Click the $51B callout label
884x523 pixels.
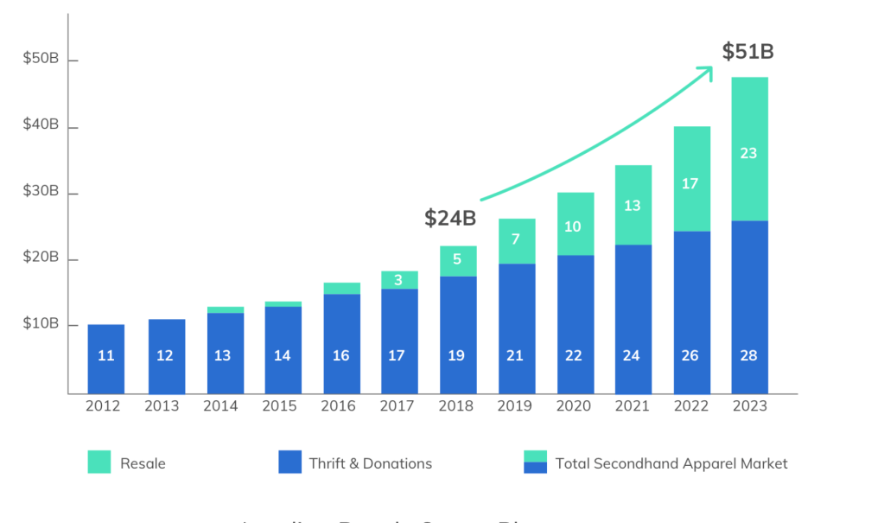coord(748,52)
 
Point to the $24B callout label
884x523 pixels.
coord(450,218)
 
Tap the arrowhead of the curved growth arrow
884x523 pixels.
coord(708,70)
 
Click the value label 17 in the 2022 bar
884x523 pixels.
coord(690,183)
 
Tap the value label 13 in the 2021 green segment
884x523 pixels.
coord(633,205)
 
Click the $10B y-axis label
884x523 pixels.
coord(41,325)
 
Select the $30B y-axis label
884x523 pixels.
coord(41,192)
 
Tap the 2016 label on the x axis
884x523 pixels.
coord(338,406)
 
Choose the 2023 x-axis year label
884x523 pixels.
coord(748,406)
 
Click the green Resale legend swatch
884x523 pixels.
coord(99,462)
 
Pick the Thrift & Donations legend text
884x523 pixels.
coord(370,463)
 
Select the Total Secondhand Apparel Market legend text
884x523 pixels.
coord(671,463)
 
